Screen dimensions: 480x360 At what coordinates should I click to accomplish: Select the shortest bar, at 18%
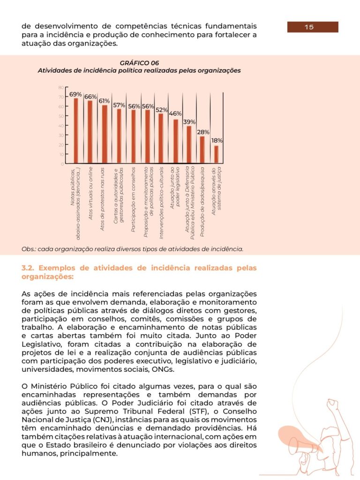click(216, 154)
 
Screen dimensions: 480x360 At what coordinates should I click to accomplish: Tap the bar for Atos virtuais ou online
click(90, 132)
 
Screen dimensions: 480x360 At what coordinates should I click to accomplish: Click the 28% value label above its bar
click(203, 132)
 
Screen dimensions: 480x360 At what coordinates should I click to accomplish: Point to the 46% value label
click(175, 113)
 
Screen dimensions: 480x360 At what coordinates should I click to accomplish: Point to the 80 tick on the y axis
click(61, 87)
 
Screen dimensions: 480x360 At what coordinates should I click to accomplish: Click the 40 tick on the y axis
click(61, 126)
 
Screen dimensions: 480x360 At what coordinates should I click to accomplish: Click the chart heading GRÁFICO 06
click(139, 63)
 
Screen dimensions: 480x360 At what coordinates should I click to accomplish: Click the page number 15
click(309, 27)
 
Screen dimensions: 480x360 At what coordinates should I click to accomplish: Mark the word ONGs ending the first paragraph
click(150, 369)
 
